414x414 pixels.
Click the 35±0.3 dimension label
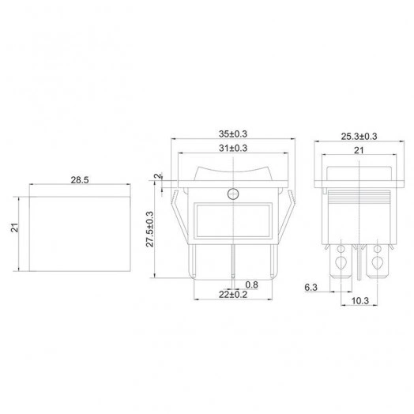coord(233,134)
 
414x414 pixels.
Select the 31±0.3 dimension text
coord(233,148)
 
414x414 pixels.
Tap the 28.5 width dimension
coord(80,180)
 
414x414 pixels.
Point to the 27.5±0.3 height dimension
coord(150,229)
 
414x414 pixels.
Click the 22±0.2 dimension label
coord(233,295)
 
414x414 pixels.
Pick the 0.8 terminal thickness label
coord(251,284)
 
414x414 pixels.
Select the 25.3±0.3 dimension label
coord(359,137)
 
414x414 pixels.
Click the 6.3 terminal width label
coord(310,288)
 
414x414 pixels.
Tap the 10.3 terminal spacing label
coord(360,300)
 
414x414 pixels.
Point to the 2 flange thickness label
coord(157,176)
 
